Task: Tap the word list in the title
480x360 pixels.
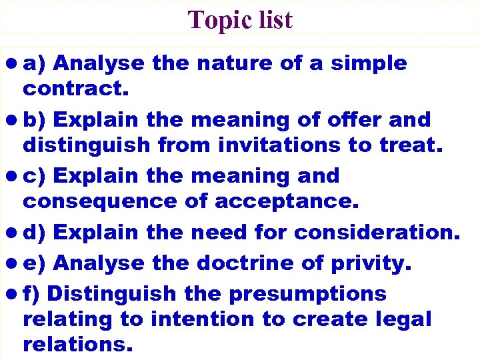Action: pyautogui.click(x=273, y=20)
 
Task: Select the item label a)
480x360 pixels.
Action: pyautogui.click(x=33, y=63)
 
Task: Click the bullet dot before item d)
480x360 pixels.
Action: pyautogui.click(x=13, y=233)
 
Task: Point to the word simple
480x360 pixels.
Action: pyautogui.click(x=368, y=63)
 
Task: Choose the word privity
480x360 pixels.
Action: pyautogui.click(x=368, y=263)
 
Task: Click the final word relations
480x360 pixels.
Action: pyautogui.click(x=77, y=344)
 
